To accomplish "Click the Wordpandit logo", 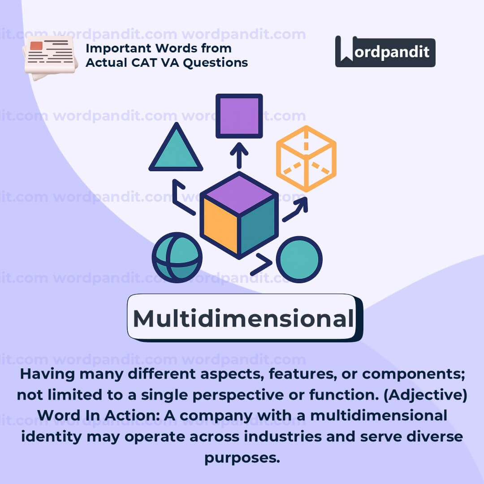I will [x=385, y=52].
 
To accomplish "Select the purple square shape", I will [x=239, y=116].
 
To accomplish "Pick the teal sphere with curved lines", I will [x=177, y=257].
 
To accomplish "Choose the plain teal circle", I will [x=299, y=259].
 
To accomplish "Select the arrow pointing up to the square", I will [x=239, y=154].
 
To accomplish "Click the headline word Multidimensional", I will [x=242, y=319].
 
